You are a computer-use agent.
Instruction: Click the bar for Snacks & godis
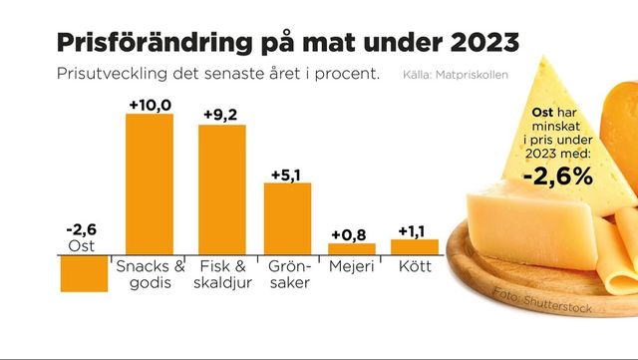(x=149, y=183)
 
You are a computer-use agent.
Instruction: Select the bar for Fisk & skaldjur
(x=222, y=188)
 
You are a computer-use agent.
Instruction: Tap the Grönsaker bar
(x=287, y=217)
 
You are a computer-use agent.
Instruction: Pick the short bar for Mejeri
(x=352, y=247)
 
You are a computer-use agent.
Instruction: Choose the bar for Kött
(x=415, y=245)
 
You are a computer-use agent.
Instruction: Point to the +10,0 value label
(x=150, y=105)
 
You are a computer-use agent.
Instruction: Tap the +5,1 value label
(x=288, y=174)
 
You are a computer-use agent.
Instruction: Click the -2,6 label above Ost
(x=83, y=227)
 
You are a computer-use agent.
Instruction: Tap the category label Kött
(x=415, y=266)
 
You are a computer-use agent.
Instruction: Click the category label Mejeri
(x=352, y=266)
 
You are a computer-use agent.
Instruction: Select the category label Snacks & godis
(x=150, y=274)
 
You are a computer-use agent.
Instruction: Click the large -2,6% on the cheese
(x=558, y=175)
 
